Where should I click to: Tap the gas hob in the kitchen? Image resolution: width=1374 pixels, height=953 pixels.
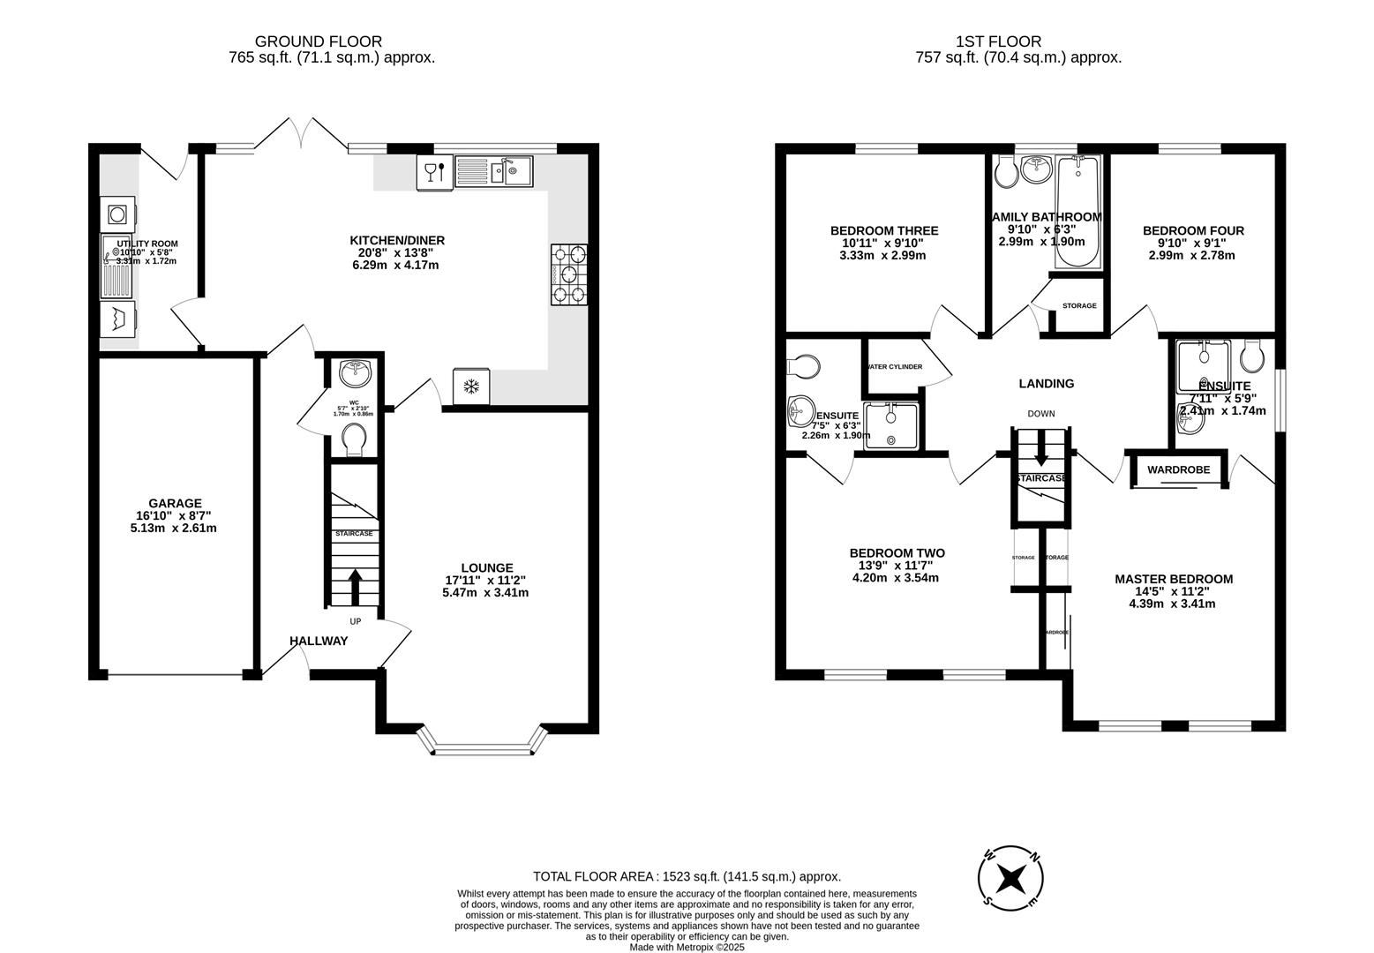pos(569,274)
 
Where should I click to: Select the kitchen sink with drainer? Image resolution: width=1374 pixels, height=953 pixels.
pos(493,171)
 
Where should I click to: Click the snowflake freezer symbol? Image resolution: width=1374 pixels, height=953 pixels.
pos(472,386)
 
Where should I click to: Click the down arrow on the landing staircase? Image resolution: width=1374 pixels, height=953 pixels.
pos(1041,454)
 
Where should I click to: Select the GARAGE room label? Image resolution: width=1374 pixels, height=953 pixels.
pos(175,503)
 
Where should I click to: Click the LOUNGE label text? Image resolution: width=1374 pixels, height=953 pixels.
pos(486,567)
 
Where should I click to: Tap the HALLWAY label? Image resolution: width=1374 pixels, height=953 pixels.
pos(319,641)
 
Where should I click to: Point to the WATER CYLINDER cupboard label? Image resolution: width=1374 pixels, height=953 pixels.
pos(894,367)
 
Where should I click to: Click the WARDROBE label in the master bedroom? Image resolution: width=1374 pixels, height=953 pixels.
pos(1178,469)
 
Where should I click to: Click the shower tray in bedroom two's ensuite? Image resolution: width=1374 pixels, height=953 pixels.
pos(890,425)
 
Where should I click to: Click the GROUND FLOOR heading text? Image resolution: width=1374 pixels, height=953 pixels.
pos(319,41)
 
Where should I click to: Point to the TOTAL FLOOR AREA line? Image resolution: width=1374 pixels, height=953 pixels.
pos(687,876)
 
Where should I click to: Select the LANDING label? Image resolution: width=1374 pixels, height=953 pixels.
pos(1046,383)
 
